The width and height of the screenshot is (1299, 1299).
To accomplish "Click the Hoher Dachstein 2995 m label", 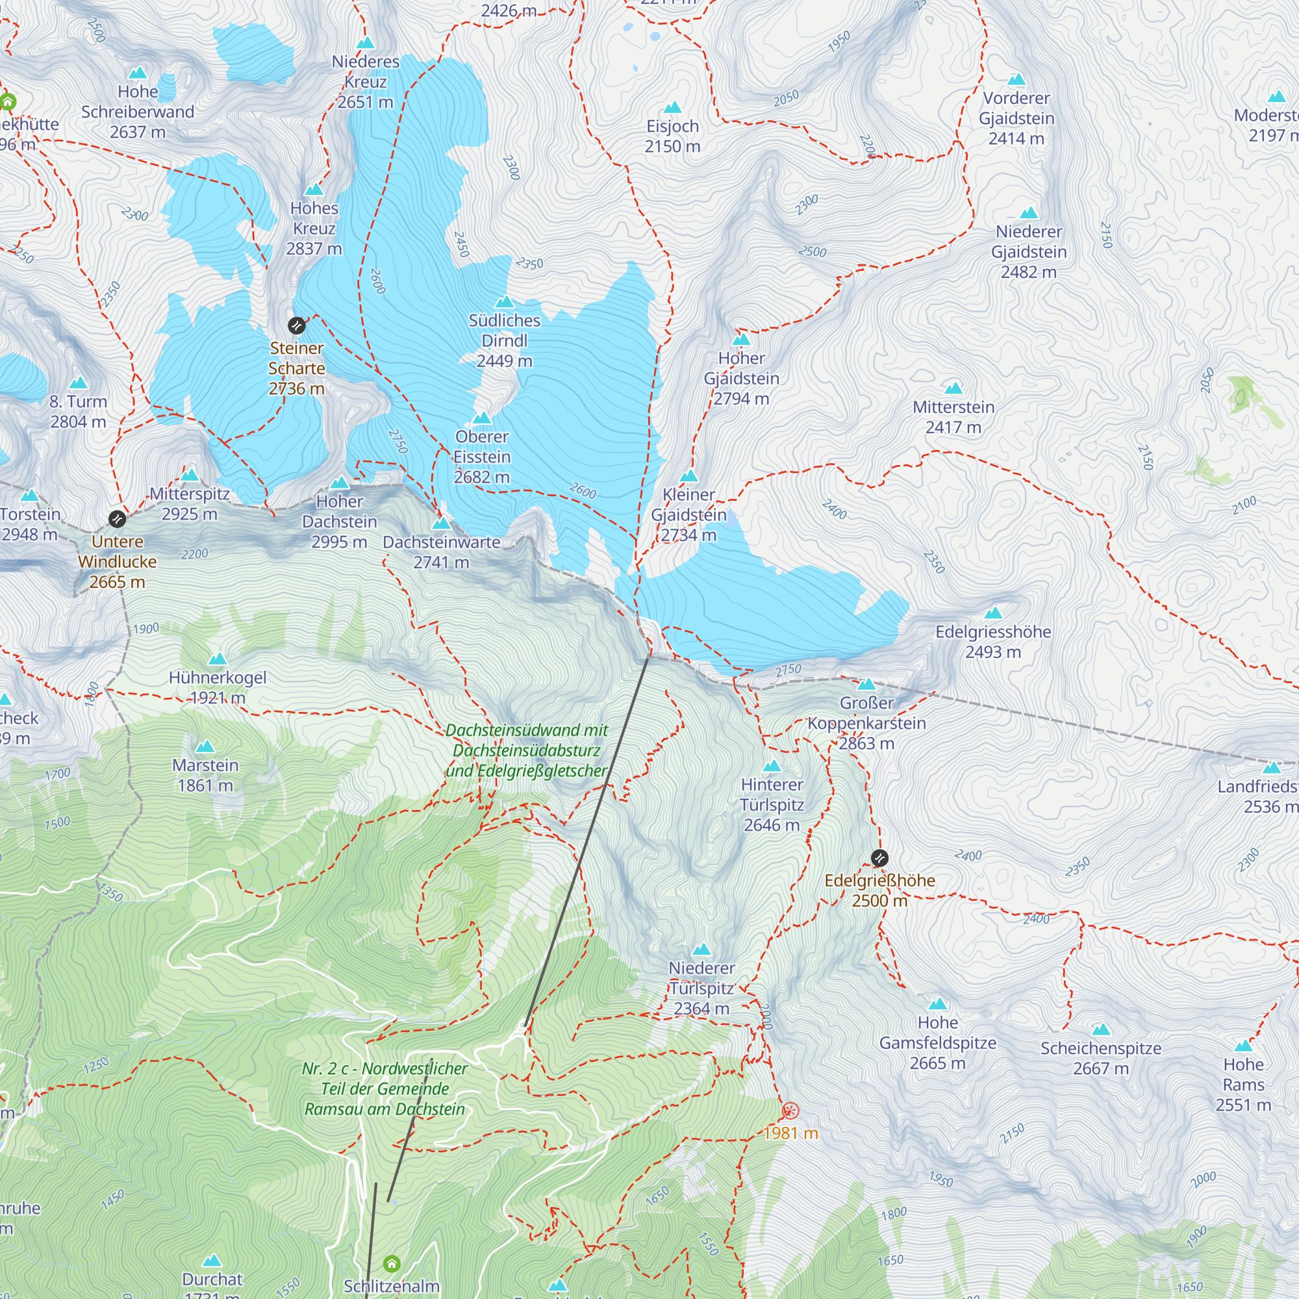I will pos(340,521).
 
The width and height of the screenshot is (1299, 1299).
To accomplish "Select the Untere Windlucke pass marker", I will pos(117,518).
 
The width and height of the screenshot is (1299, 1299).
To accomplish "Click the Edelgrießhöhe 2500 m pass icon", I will pos(879,858).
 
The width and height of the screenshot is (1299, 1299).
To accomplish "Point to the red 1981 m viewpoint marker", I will pos(790,1110).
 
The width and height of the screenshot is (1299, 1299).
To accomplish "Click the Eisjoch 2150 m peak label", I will pos(672,136).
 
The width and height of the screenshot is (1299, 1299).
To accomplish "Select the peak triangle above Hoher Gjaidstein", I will pos(741,339).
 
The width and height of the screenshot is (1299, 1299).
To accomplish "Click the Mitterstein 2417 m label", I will pos(953,417).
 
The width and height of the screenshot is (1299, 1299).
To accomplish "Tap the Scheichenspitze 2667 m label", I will pos(1101,1057).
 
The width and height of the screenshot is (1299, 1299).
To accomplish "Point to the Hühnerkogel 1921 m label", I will pos(218,687).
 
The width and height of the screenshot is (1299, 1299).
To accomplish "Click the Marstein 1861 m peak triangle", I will pos(205,746).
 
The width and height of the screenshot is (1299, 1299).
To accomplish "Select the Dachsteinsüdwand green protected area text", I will pos(527,750).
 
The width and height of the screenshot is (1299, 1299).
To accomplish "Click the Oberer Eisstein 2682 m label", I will pos(482,457).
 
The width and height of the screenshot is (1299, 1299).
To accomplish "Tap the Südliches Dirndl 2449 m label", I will pos(504,340).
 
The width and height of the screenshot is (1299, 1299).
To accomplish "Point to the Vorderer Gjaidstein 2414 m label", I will pos(1016,118).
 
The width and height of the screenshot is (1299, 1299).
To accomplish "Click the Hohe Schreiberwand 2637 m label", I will pos(138,112).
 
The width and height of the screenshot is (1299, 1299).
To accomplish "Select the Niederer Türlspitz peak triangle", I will pos(701,950).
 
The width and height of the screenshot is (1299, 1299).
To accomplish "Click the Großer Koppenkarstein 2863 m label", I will pos(866,723).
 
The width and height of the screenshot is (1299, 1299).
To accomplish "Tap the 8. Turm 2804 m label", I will pos(78,412).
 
